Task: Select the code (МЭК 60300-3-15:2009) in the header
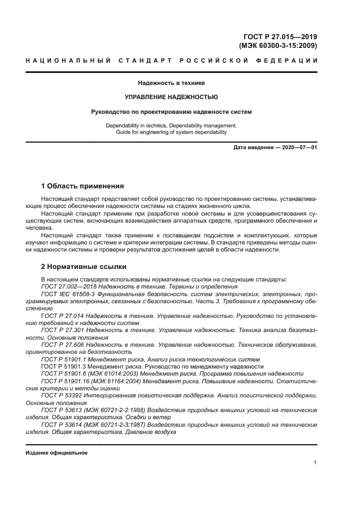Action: [278, 46]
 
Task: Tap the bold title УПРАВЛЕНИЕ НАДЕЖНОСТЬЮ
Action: [171, 97]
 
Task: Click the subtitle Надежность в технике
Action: [171, 83]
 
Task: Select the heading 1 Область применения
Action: [82, 186]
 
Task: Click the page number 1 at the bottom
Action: [315, 463]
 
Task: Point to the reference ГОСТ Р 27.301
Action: [64, 330]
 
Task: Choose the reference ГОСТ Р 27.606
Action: [64, 345]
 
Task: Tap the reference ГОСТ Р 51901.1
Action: [66, 359]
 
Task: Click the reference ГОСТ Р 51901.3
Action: [66, 366]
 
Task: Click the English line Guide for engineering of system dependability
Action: [171, 132]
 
